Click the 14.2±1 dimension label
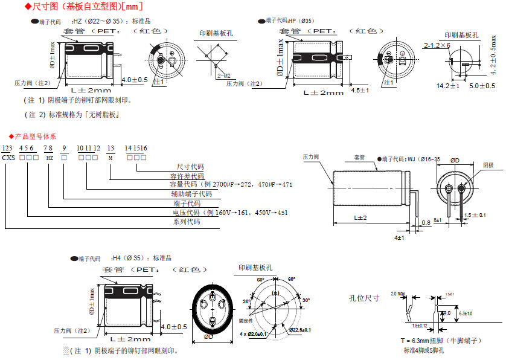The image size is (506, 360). (x=448, y=86)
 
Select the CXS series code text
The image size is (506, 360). (x=9, y=157)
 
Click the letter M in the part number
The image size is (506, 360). (x=110, y=157)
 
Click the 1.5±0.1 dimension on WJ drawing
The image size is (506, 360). (x=475, y=215)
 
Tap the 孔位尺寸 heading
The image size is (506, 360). (x=364, y=298)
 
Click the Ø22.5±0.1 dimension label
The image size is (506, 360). (x=299, y=329)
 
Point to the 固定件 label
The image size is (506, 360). (x=245, y=321)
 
